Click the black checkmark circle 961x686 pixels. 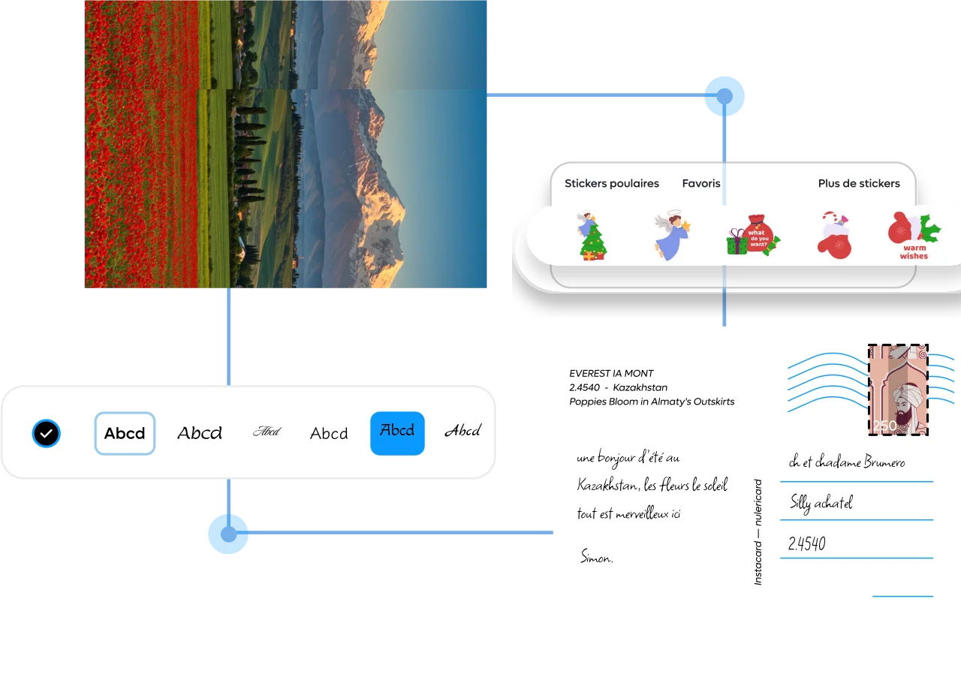(47, 433)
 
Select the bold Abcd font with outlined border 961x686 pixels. (125, 433)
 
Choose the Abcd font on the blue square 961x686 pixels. (397, 432)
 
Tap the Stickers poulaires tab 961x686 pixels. (612, 183)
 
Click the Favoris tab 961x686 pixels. (701, 183)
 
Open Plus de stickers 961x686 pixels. (859, 183)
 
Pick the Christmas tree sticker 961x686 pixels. (592, 236)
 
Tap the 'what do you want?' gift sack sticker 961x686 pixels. (753, 236)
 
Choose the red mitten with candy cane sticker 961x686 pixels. (835, 236)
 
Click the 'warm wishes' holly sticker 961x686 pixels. (914, 236)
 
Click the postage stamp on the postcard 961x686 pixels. (898, 390)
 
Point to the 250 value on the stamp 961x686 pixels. (885, 426)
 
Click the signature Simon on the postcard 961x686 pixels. (597, 557)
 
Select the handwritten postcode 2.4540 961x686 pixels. (807, 544)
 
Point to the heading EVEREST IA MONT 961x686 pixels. (611, 373)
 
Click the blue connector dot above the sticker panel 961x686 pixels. (724, 96)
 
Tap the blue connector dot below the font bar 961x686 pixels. (228, 534)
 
